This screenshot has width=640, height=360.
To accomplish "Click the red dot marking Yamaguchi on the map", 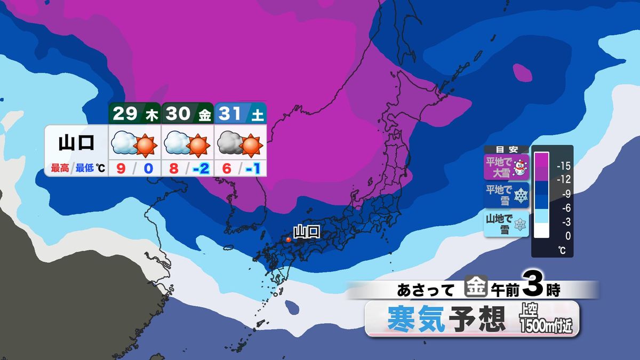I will click(289, 240).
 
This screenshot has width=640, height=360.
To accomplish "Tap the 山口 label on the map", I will click(307, 231).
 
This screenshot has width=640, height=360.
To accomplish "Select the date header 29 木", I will click(134, 114).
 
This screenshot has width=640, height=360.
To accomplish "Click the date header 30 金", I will click(187, 114).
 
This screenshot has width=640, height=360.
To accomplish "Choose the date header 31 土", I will click(240, 114).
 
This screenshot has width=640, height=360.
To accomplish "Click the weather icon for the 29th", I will click(134, 143).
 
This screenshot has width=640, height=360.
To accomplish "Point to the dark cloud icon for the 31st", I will click(230, 143).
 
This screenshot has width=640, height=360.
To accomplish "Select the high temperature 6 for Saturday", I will click(227, 169).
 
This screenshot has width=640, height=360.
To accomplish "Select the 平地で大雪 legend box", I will click(506, 166).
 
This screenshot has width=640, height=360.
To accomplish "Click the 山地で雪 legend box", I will click(506, 224).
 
